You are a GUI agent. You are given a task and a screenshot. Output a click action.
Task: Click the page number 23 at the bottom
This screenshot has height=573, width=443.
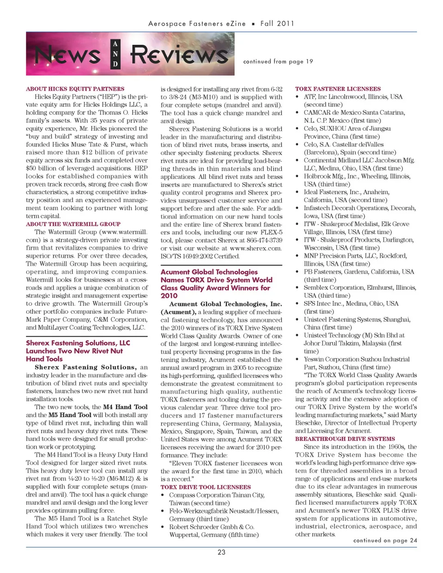point(221,552)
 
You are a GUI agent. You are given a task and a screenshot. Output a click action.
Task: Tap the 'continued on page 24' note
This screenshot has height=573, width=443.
point(385,540)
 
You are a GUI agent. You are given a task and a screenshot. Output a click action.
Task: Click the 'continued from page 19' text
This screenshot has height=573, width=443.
point(278,61)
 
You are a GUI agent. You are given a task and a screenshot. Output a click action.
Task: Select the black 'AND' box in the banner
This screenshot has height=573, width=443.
point(115,54)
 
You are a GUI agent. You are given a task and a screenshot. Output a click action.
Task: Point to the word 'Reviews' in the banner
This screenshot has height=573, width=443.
point(179,55)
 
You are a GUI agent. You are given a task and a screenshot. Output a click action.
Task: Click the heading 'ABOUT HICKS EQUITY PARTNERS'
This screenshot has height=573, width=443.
point(75,89)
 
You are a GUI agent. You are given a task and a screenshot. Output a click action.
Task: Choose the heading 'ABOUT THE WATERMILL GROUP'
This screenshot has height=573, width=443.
point(73,224)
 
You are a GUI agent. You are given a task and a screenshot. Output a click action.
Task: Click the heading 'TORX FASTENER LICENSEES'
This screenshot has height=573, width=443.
point(338,89)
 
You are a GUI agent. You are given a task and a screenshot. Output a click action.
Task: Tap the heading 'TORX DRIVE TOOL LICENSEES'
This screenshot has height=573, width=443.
point(205,487)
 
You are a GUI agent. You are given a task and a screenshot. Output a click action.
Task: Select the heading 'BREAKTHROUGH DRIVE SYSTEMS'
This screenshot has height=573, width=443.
point(345,439)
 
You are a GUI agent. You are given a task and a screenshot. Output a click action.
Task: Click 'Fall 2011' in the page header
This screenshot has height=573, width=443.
point(277,24)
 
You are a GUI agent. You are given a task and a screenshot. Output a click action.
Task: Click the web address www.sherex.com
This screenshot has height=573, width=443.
point(256,248)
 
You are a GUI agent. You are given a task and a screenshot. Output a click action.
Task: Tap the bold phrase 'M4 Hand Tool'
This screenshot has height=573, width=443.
point(125,407)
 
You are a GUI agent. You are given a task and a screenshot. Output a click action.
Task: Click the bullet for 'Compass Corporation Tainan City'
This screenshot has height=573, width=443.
point(163,495)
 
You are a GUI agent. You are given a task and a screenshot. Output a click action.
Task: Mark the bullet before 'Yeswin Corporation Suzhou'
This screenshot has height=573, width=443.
point(298,359)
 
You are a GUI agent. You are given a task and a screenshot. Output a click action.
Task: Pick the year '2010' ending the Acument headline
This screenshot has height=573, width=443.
point(169,296)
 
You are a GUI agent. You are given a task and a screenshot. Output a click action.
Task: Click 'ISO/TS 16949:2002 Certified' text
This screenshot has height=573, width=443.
point(200,256)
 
